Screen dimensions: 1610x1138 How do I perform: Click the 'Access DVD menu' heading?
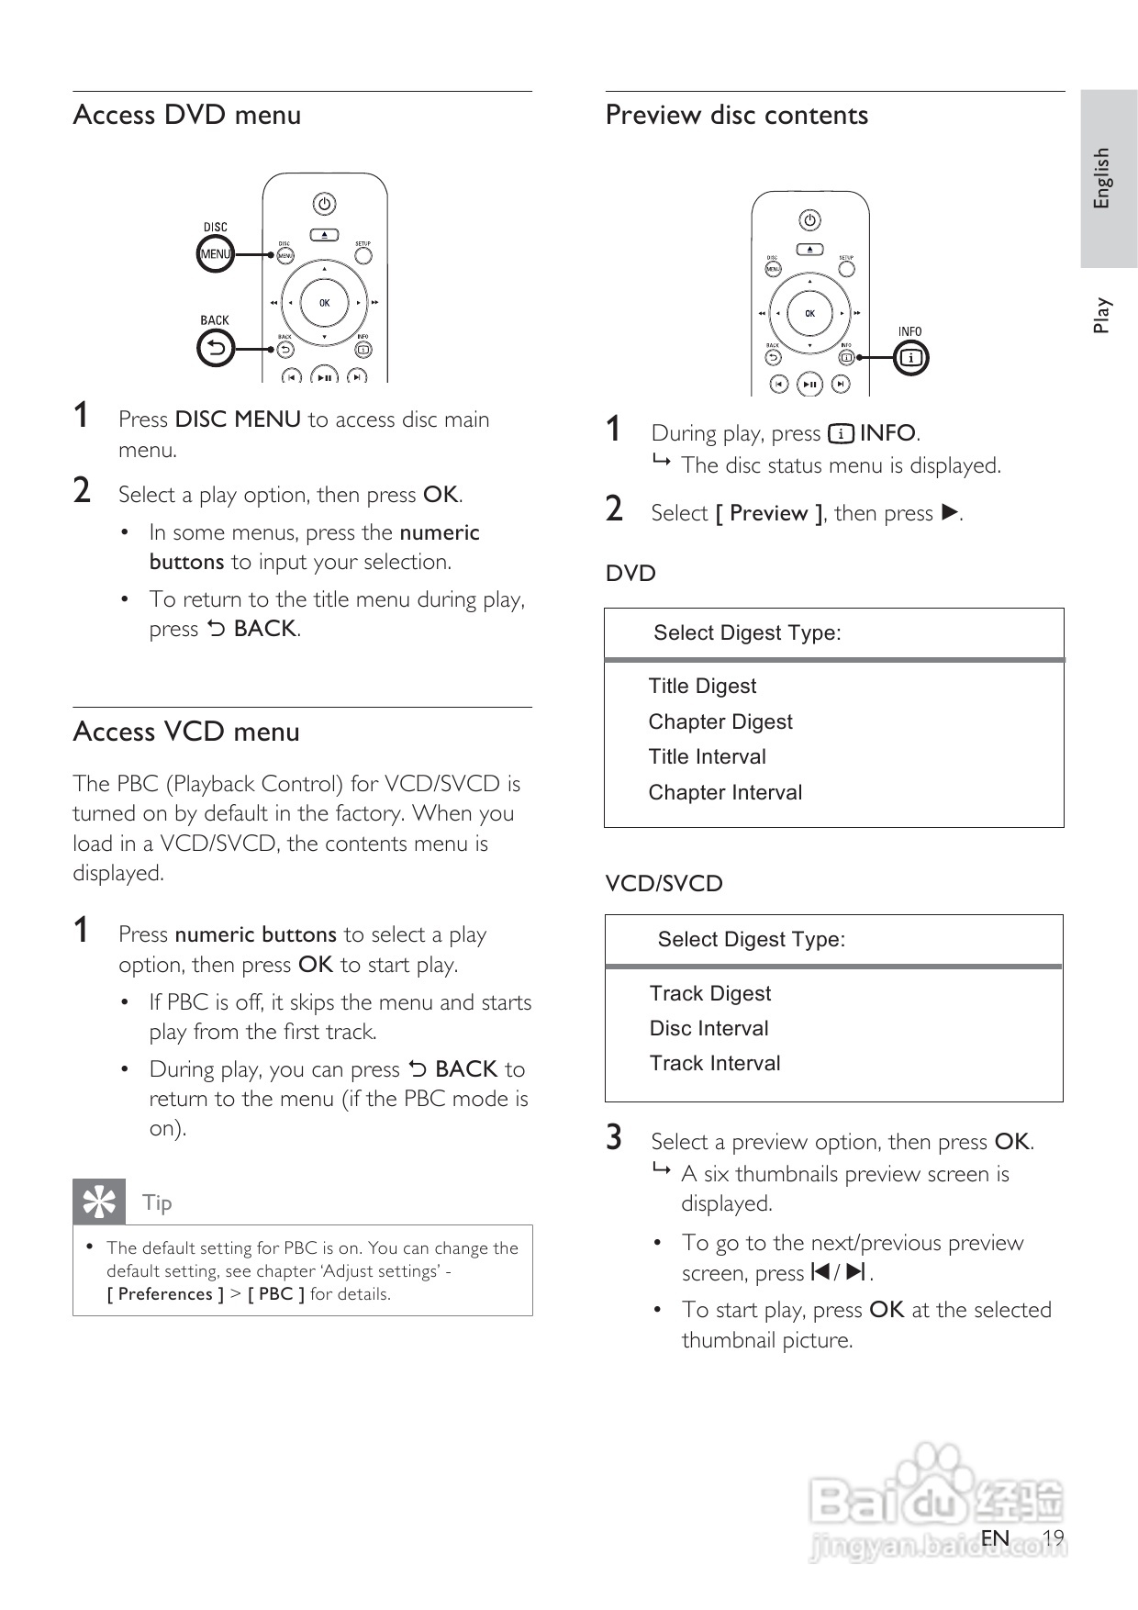coord(186,116)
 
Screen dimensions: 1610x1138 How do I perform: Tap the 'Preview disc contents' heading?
coord(736,116)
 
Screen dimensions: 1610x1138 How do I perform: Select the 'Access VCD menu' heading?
coord(185,732)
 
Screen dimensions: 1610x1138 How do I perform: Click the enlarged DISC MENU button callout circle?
coord(216,254)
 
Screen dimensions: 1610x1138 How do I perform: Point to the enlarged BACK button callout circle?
coord(216,349)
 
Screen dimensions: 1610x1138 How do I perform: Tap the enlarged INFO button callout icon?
coord(910,358)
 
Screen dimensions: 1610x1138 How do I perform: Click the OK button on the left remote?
coord(324,303)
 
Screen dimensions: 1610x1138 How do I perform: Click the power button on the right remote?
coord(809,220)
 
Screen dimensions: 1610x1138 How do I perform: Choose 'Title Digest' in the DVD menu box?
coord(702,687)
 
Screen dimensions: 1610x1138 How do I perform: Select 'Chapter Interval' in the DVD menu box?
coord(725,793)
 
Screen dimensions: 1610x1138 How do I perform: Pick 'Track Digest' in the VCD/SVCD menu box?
coord(710,994)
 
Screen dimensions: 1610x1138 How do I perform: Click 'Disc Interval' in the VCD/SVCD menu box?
coord(708,1029)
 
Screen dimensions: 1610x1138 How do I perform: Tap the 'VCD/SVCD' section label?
coord(664,884)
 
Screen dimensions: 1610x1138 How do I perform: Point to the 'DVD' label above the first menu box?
coord(630,574)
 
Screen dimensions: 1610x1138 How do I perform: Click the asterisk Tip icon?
coord(99,1202)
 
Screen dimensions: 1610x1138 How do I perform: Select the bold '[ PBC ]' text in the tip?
coord(276,1294)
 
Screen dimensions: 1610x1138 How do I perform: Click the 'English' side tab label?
coord(1101,178)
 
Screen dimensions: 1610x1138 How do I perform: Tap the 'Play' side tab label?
coord(1101,315)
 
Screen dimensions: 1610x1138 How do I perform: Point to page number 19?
coord(1053,1538)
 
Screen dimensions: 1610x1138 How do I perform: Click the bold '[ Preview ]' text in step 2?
coord(768,513)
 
